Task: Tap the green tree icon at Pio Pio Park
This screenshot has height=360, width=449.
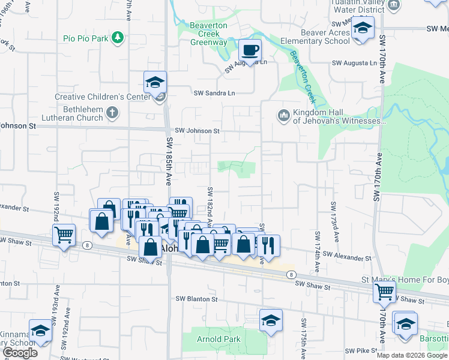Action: [x=119, y=38]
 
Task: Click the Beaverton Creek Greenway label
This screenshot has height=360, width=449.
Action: [x=208, y=34]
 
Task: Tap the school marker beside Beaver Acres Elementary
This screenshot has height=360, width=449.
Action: [x=363, y=28]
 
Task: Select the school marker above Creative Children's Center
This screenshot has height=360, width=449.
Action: [x=155, y=82]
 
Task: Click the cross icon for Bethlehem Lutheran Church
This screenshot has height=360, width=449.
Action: [x=112, y=112]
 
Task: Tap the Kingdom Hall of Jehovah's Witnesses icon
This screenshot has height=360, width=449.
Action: [x=283, y=114]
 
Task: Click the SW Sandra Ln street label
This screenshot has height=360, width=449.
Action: [x=214, y=93]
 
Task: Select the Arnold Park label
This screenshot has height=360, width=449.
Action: [x=218, y=340]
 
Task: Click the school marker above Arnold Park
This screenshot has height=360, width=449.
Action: [x=271, y=320]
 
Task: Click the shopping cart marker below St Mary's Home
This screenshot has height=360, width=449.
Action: [x=384, y=292]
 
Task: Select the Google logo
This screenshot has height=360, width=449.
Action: [x=20, y=353]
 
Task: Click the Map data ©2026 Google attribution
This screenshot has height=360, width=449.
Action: [x=411, y=355]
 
